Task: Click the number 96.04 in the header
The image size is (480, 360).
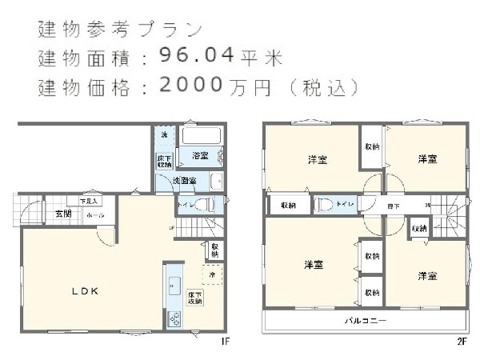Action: coord(196,55)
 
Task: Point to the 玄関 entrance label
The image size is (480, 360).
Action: coord(63,214)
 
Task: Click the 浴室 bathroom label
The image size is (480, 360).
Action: coord(200,155)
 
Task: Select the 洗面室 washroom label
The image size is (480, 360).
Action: coord(188,182)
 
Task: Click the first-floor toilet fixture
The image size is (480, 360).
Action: coord(204,206)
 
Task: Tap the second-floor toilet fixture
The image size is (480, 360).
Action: coord(324,205)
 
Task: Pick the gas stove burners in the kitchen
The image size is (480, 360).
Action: coord(174,318)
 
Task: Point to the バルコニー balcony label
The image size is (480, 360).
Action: coord(366,321)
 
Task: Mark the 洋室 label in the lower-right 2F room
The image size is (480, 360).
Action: coord(426,276)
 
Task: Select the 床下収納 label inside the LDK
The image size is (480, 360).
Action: coord(195,298)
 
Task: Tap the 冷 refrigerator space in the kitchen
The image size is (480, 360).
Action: coord(212,274)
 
